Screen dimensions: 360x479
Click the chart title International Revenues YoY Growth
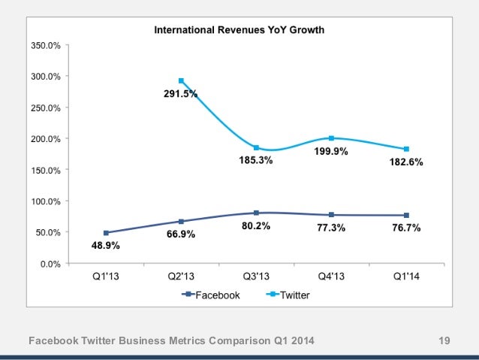[239, 30]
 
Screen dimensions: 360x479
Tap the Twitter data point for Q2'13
[181, 81]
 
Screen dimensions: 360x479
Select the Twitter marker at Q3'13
[256, 147]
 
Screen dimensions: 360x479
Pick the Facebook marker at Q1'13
[106, 233]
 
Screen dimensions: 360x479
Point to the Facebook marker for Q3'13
[256, 213]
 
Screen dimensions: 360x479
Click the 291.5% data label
[181, 94]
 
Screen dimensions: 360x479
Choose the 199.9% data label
[331, 151]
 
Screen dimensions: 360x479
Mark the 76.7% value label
[404, 228]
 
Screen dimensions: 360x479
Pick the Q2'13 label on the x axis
[181, 276]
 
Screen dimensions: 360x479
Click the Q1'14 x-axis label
[406, 276]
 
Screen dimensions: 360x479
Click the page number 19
[444, 343]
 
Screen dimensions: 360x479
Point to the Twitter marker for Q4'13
[331, 138]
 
